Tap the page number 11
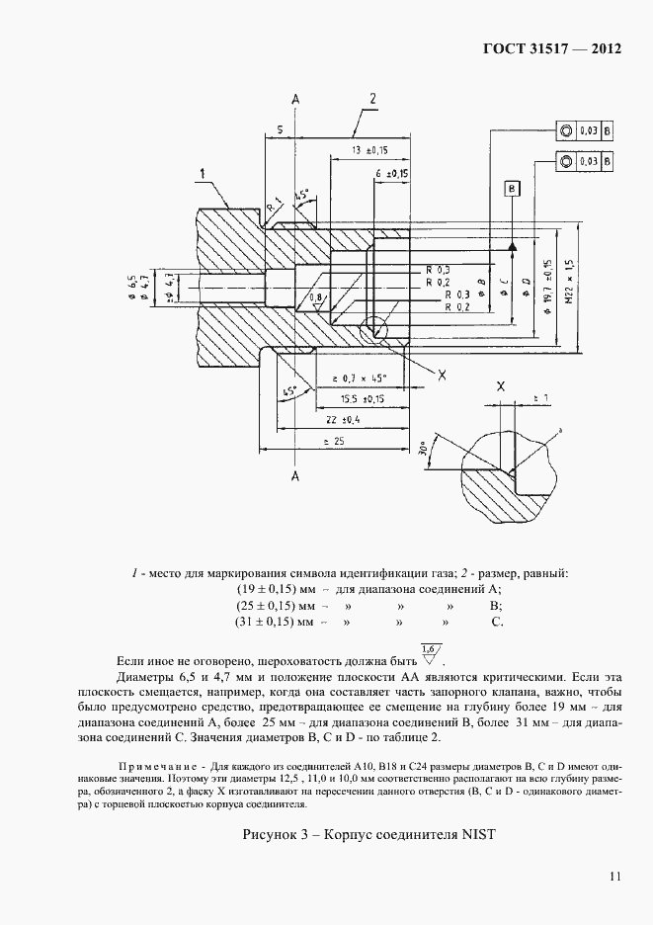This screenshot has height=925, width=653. (x=613, y=875)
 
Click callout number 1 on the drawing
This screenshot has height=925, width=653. (x=203, y=175)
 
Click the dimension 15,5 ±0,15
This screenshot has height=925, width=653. (x=363, y=399)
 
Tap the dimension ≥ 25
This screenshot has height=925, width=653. (x=331, y=441)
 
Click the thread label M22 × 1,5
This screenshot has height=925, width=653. (x=569, y=285)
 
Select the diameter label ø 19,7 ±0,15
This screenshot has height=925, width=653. (x=546, y=285)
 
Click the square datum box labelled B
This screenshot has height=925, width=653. (x=511, y=188)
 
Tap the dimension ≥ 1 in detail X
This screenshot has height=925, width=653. (x=539, y=397)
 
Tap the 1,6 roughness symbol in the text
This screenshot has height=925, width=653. (x=430, y=653)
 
